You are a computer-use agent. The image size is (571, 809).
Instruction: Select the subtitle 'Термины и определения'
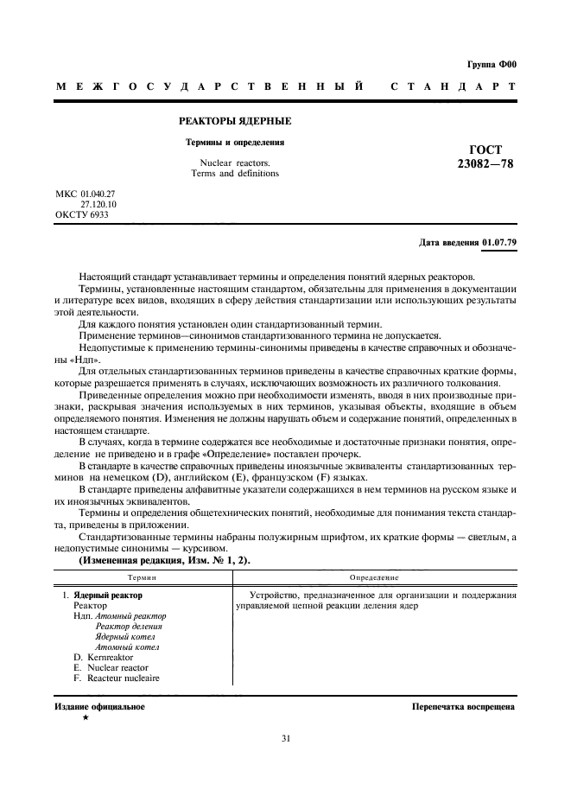click(x=234, y=142)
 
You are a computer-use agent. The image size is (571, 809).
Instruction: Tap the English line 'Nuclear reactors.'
click(x=235, y=162)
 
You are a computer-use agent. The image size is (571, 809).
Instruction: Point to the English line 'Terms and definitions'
click(x=235, y=173)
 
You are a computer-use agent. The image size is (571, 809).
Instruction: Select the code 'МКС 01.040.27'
click(x=85, y=194)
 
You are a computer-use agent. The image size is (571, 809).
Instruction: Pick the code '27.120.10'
click(x=98, y=205)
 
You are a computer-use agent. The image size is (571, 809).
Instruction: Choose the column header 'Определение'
click(x=374, y=576)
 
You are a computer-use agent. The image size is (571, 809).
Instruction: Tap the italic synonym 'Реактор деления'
click(x=128, y=626)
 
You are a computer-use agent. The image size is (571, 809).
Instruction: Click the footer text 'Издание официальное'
click(x=99, y=706)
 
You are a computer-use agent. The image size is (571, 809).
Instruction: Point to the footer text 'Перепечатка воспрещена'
click(x=465, y=706)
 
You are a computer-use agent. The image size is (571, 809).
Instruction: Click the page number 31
click(x=286, y=737)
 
